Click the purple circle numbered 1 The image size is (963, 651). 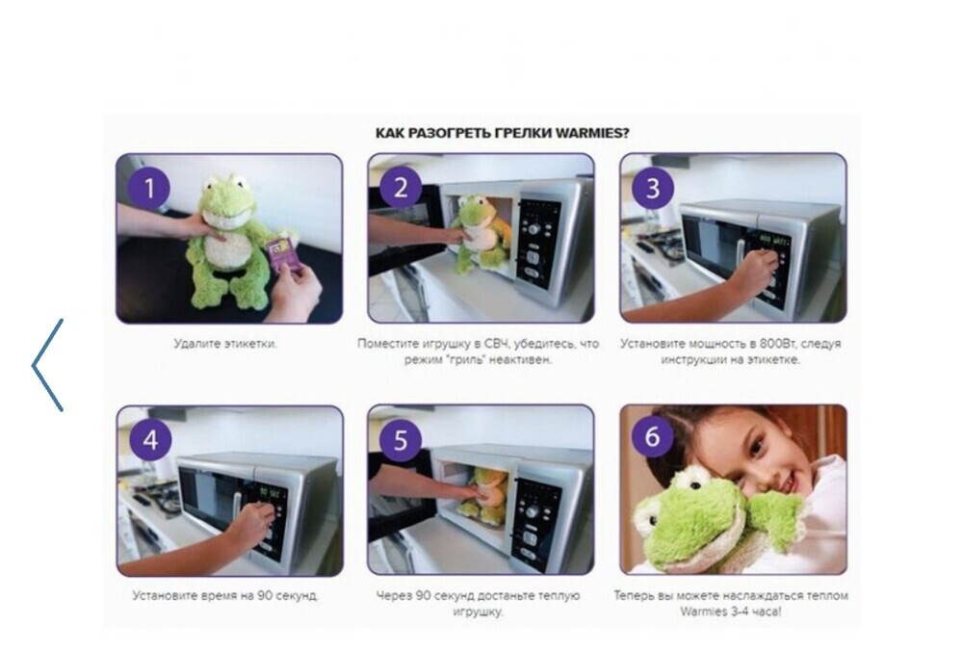tap(149, 188)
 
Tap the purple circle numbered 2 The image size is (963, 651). tap(401, 188)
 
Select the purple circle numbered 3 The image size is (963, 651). tap(652, 188)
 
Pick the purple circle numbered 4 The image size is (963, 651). tap(150, 440)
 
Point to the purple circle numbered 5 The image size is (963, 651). tap(401, 440)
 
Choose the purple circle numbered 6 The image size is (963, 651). tap(652, 437)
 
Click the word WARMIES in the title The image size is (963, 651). tap(592, 133)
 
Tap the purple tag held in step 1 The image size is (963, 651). tap(282, 256)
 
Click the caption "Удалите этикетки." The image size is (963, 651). tap(225, 343)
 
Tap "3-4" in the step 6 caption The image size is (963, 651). tap(735, 612)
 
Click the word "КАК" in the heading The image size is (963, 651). tap(389, 133)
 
